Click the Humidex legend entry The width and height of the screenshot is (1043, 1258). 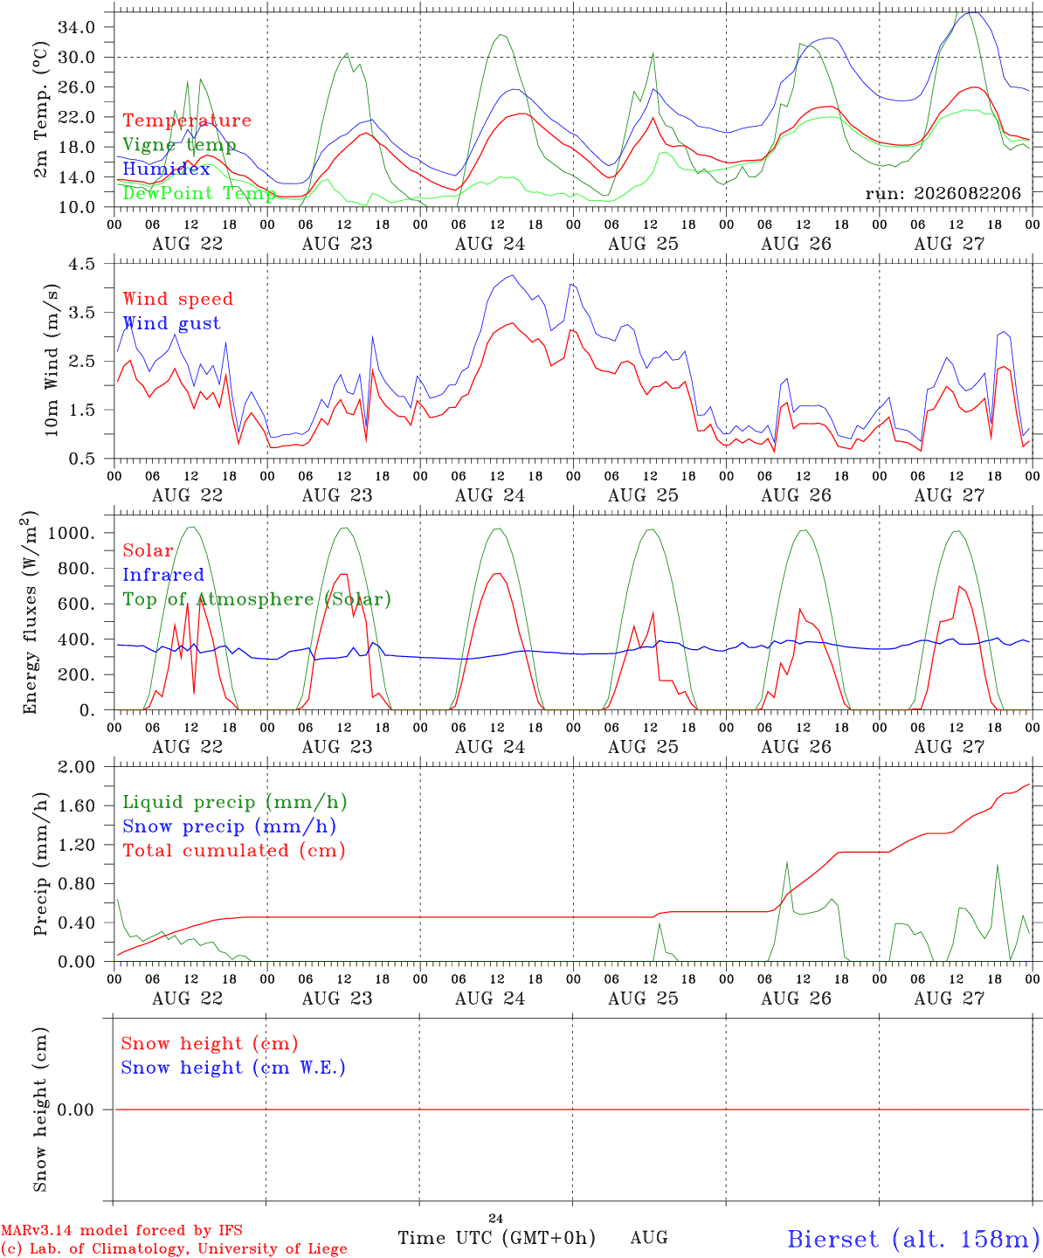pyautogui.click(x=166, y=169)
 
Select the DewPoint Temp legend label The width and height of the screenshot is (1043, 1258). pyautogui.click(x=199, y=193)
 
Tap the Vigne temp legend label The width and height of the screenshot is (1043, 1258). pyautogui.click(x=180, y=145)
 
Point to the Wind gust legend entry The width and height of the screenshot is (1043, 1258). pyautogui.click(x=172, y=323)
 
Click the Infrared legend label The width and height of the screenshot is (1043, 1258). pyautogui.click(x=163, y=575)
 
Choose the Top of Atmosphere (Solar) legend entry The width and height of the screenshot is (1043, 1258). pyautogui.click(x=258, y=599)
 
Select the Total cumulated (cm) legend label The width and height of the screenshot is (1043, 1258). pyautogui.click(x=234, y=850)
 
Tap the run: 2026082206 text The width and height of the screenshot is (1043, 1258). pyautogui.click(x=943, y=193)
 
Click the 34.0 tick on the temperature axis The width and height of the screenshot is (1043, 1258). pyautogui.click(x=77, y=27)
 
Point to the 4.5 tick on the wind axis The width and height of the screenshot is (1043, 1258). pyautogui.click(x=81, y=264)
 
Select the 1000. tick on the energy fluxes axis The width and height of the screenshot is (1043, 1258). pyautogui.click(x=71, y=533)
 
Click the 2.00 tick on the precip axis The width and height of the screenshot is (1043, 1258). pyautogui.click(x=77, y=767)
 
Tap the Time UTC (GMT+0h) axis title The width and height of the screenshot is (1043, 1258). pyautogui.click(x=496, y=1238)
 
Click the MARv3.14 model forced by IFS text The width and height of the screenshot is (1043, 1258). pyautogui.click(x=121, y=1230)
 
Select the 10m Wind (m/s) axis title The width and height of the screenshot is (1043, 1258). pyautogui.click(x=52, y=360)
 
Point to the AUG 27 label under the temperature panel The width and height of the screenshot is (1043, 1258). pyautogui.click(x=949, y=244)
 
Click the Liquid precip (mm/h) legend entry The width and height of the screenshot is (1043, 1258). pyautogui.click(x=235, y=802)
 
